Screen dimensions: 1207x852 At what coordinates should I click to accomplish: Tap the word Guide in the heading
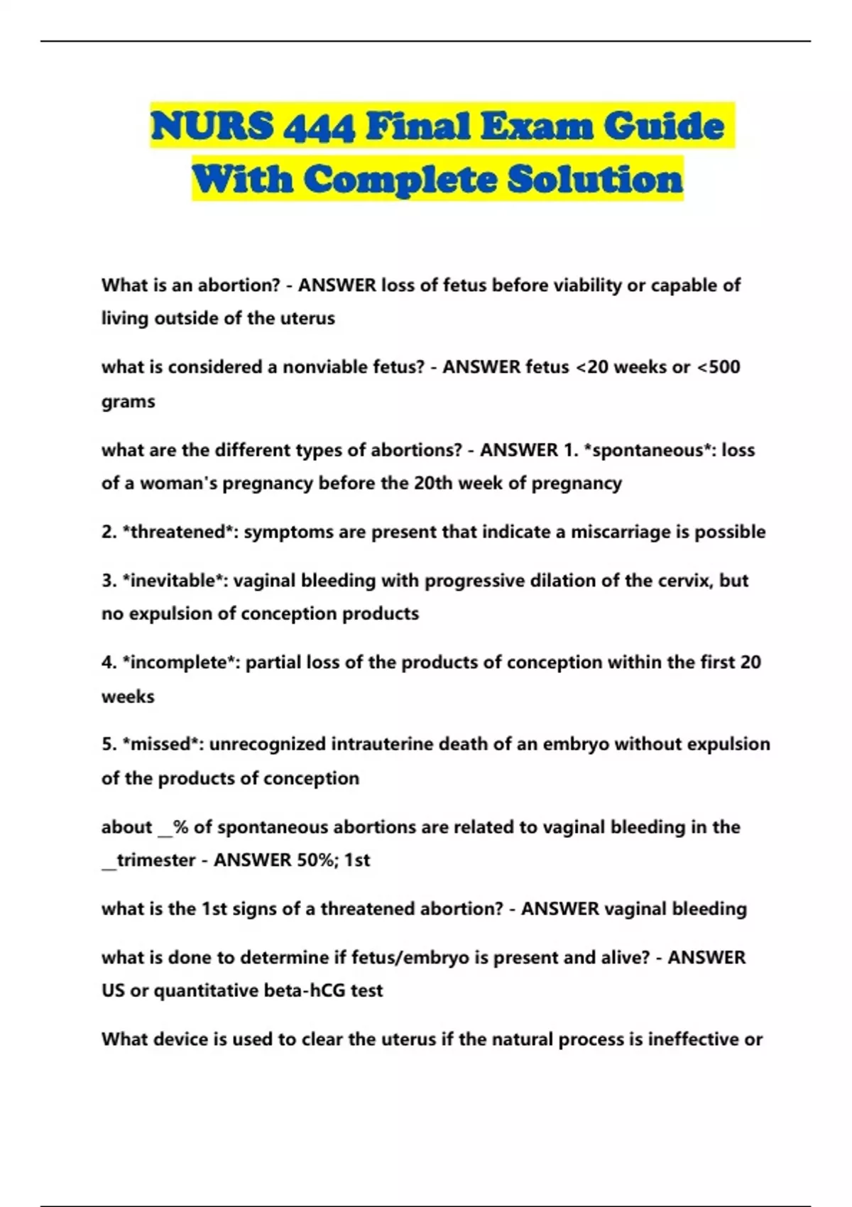(665, 127)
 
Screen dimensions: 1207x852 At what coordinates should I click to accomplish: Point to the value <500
(718, 367)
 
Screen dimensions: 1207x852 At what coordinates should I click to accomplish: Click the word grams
(128, 402)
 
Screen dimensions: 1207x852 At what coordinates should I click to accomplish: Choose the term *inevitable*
(173, 581)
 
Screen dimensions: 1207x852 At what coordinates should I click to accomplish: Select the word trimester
(155, 861)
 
